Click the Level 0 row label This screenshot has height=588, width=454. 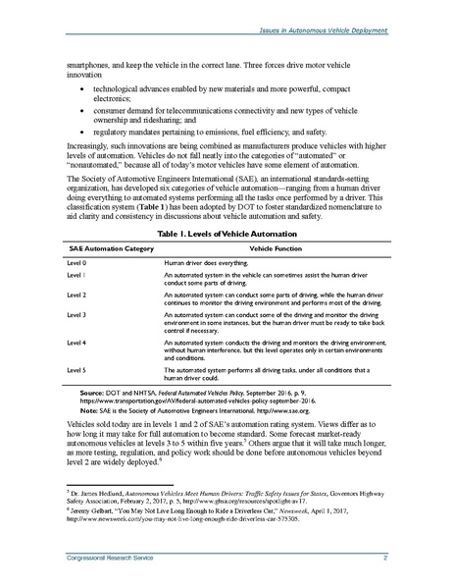click(76, 266)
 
